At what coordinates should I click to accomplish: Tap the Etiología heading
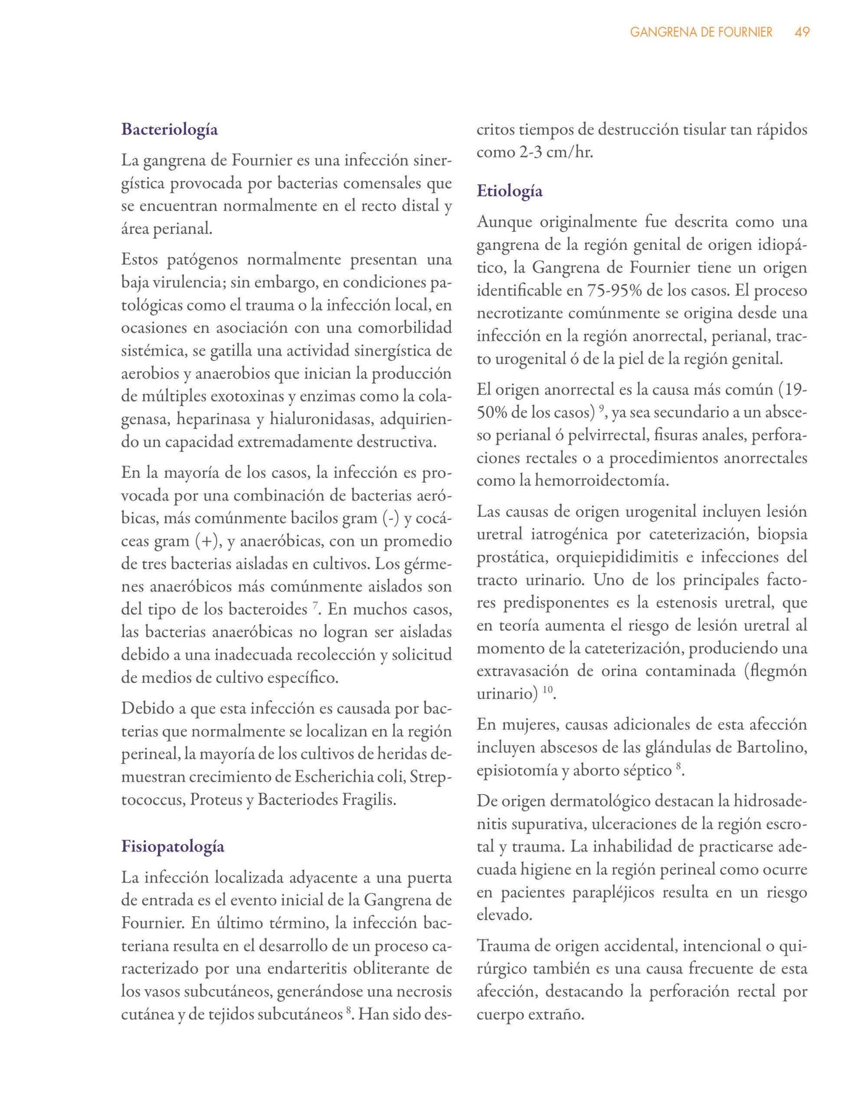[x=510, y=191]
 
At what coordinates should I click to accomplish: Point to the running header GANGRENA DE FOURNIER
[x=701, y=33]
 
